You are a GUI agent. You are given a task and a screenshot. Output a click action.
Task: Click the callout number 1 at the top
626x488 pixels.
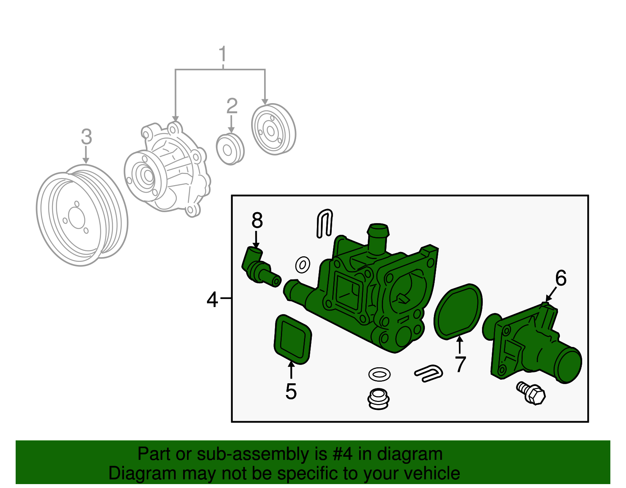click(223, 54)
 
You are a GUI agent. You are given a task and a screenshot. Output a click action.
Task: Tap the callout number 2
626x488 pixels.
click(232, 106)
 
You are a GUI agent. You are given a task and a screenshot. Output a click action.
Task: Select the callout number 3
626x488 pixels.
click(86, 137)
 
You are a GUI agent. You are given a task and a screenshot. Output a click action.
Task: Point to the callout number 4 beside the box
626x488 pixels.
click(212, 300)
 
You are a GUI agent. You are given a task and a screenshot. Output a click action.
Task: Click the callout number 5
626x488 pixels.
click(291, 391)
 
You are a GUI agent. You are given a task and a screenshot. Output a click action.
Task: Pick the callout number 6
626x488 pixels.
click(561, 278)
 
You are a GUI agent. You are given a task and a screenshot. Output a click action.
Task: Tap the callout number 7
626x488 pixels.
click(460, 364)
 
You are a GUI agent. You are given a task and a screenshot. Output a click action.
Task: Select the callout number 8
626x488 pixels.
click(257, 220)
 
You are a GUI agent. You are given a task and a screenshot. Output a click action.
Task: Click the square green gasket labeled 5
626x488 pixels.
click(293, 340)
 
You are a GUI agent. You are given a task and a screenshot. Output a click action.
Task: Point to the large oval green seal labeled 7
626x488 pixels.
click(458, 311)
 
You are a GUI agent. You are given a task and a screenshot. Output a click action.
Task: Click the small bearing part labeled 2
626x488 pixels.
click(230, 149)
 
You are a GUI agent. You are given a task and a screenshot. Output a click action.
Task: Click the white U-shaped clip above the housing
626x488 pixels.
click(325, 223)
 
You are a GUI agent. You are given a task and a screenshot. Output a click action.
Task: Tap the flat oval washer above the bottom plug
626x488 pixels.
click(379, 374)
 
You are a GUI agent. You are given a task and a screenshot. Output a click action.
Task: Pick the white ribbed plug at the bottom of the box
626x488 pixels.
click(378, 399)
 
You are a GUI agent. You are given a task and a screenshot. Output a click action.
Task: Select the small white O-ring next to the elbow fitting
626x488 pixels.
click(302, 265)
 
